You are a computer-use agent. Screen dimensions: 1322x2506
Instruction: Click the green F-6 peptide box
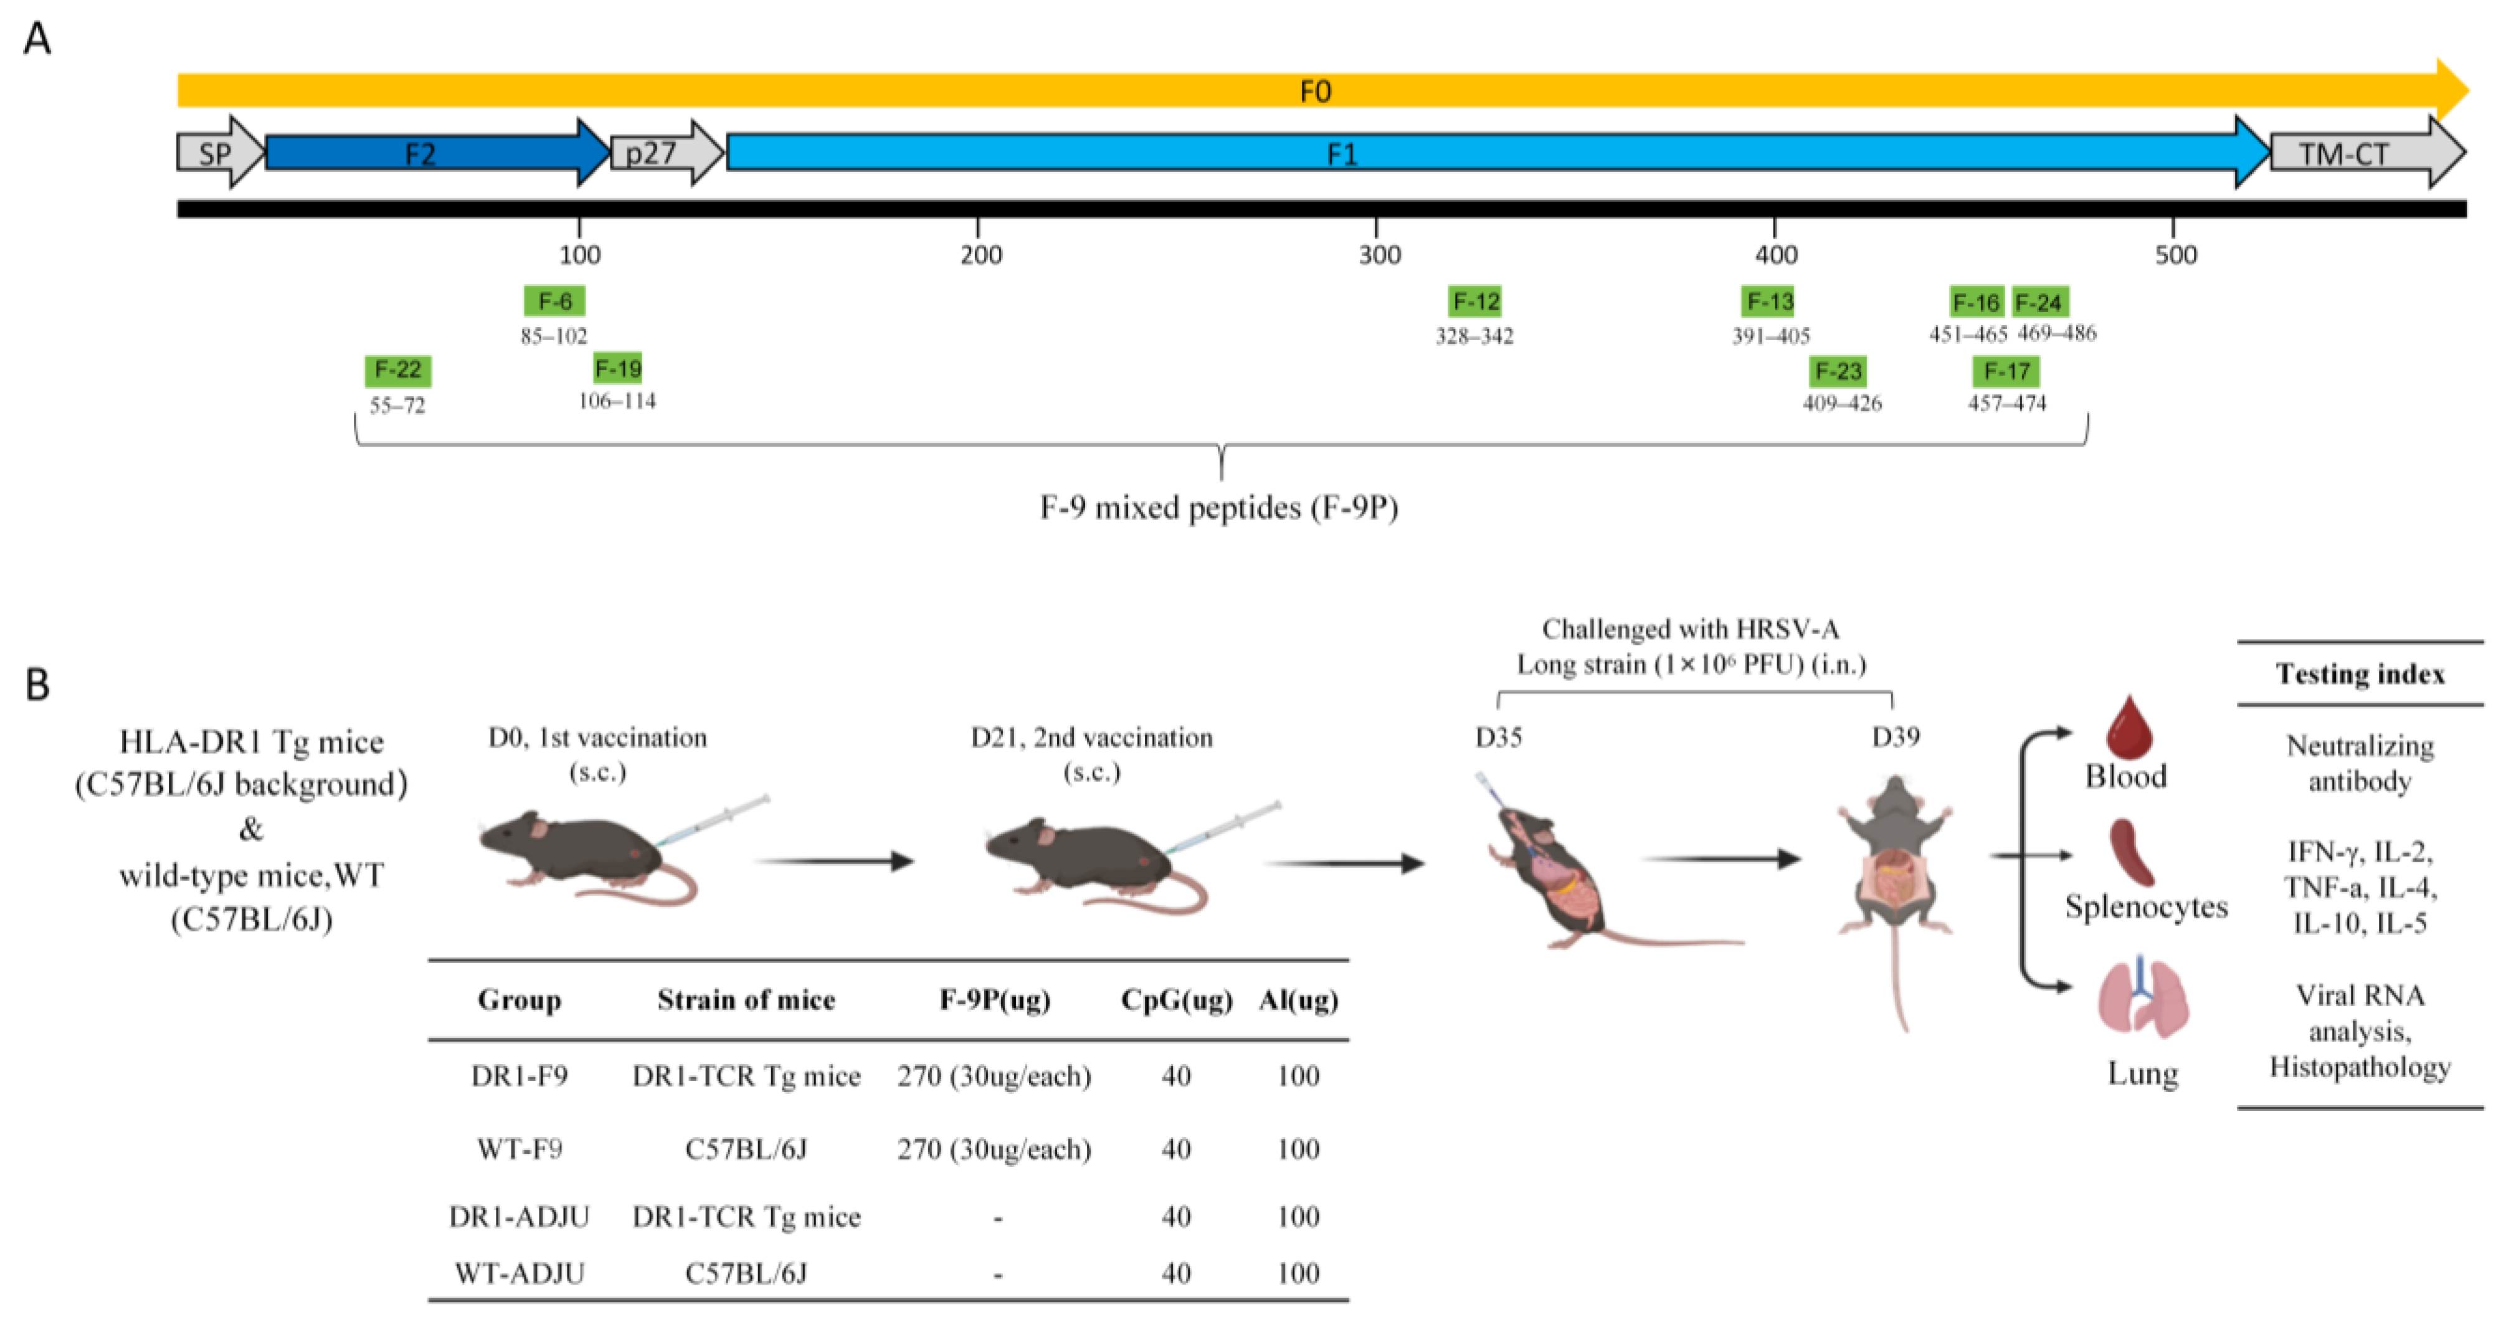point(554,302)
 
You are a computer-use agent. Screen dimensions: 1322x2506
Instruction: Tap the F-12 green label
point(1475,302)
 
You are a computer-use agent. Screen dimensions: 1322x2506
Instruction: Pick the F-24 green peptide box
point(2039,303)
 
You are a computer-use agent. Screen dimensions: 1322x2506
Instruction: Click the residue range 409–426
point(1841,402)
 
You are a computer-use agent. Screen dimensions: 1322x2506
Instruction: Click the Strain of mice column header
point(746,1000)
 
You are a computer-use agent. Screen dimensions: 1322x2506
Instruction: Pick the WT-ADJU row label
point(520,1273)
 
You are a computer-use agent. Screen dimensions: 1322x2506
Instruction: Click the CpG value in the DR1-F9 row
point(1176,1076)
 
